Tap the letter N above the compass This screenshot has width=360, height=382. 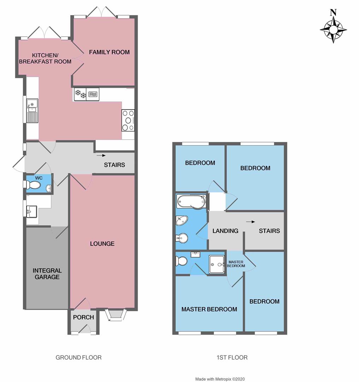pos(333,13)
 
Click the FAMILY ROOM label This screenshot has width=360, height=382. pos(109,52)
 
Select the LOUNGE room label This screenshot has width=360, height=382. pos(102,244)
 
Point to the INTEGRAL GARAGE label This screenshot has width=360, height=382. pos(47,274)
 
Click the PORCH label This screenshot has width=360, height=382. pos(83,317)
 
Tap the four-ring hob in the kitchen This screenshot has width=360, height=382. pos(128,120)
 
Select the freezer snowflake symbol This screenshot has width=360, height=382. pos(80,94)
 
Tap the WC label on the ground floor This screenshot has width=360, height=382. pos(39,178)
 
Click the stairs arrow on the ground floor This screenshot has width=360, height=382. pos(101,155)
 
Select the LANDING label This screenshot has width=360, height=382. pos(225,231)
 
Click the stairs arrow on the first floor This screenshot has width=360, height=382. pos(250,222)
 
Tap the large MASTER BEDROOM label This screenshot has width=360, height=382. pos(209,309)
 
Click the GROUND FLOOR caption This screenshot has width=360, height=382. pos(78,358)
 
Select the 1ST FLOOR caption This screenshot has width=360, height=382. pos(232,358)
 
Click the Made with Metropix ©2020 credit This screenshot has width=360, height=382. pos(220,379)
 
